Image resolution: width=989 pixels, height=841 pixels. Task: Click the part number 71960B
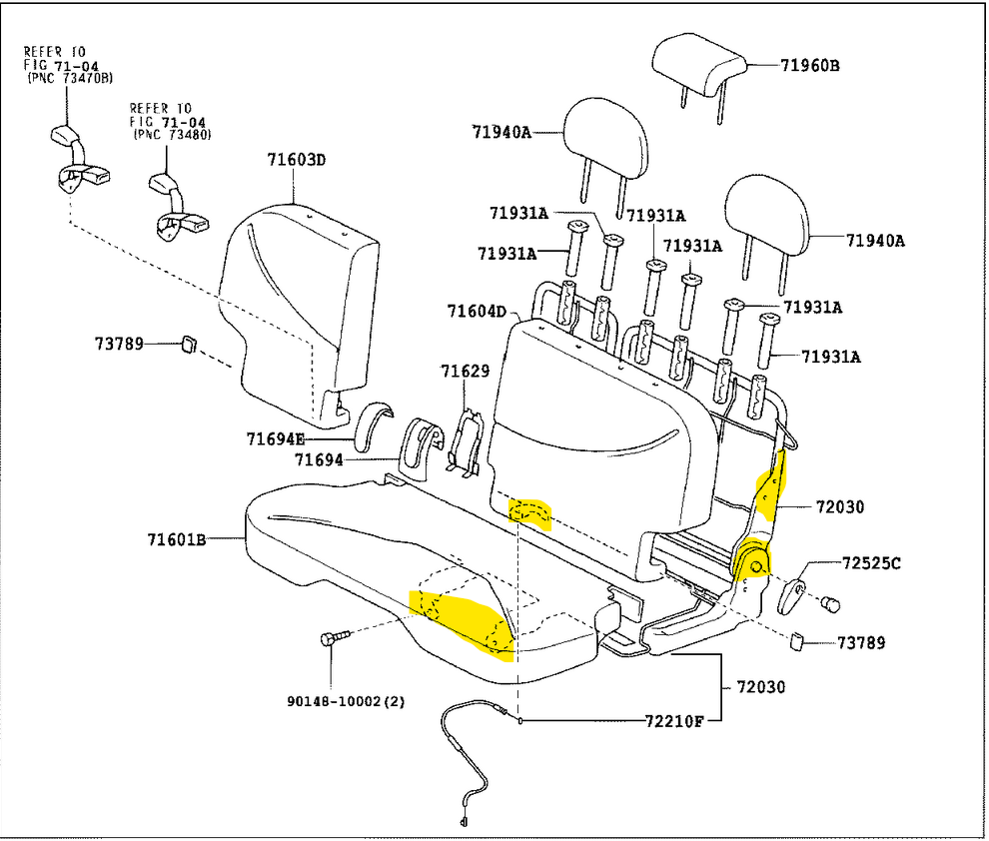point(810,66)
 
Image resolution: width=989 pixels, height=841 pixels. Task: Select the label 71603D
point(297,159)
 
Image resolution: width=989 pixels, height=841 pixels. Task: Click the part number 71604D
point(477,312)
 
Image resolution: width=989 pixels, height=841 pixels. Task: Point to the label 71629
point(466,372)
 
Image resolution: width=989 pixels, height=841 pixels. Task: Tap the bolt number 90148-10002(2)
point(347,701)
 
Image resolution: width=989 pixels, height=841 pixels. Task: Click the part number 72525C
point(870,563)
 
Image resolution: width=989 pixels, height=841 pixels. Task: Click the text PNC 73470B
point(70,78)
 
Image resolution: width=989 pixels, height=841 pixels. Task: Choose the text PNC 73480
point(172,134)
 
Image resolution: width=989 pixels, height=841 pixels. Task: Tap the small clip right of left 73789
point(187,346)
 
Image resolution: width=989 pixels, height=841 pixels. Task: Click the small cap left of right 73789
point(797,641)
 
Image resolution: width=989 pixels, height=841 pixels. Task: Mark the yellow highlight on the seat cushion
point(465,623)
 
